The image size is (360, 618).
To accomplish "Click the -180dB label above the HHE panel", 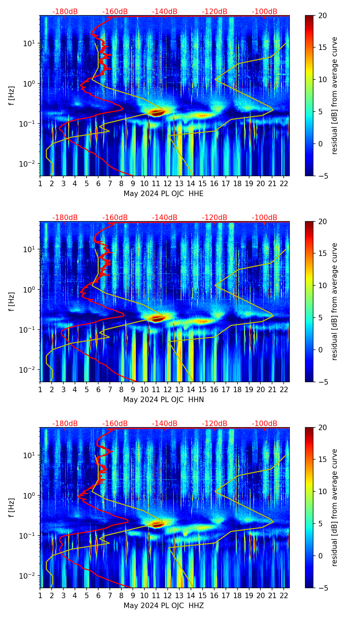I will coord(65,12).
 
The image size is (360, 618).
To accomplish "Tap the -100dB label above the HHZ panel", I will coord(265,424).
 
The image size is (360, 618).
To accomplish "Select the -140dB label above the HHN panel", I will coord(165,218).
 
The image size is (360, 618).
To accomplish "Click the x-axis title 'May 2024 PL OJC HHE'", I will coord(164,194).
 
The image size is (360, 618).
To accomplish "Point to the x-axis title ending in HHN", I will coord(164,400).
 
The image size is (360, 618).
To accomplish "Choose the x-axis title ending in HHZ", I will coord(164,606).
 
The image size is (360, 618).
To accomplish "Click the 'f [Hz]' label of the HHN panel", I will coord(12,301).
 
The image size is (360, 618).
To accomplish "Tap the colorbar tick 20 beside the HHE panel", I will coord(322,16).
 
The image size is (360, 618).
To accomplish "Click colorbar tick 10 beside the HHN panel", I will coord(322,285).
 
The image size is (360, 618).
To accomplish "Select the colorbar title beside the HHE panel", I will coord(334,95).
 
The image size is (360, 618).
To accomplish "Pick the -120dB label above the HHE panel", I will coord(215,12).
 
